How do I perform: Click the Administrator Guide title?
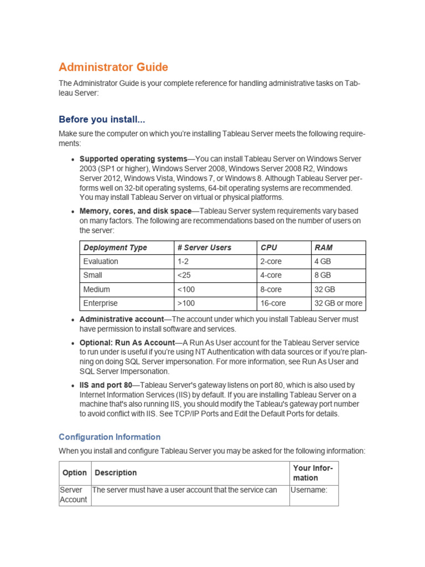(x=113, y=68)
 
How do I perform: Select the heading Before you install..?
(x=102, y=120)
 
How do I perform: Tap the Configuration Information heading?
(x=110, y=437)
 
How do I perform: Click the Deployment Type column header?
(x=115, y=248)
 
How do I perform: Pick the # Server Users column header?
(x=204, y=248)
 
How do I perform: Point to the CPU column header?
(x=268, y=248)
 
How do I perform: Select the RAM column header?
(x=324, y=248)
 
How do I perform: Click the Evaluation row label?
(x=101, y=261)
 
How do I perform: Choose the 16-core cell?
(x=273, y=303)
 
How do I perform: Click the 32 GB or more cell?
(x=338, y=303)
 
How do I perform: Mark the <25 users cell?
(x=185, y=275)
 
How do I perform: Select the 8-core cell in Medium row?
(x=271, y=289)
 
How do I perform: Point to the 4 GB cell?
(x=323, y=261)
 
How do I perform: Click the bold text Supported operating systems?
(x=133, y=159)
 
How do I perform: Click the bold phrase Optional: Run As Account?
(x=127, y=343)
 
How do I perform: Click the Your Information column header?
(x=313, y=473)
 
